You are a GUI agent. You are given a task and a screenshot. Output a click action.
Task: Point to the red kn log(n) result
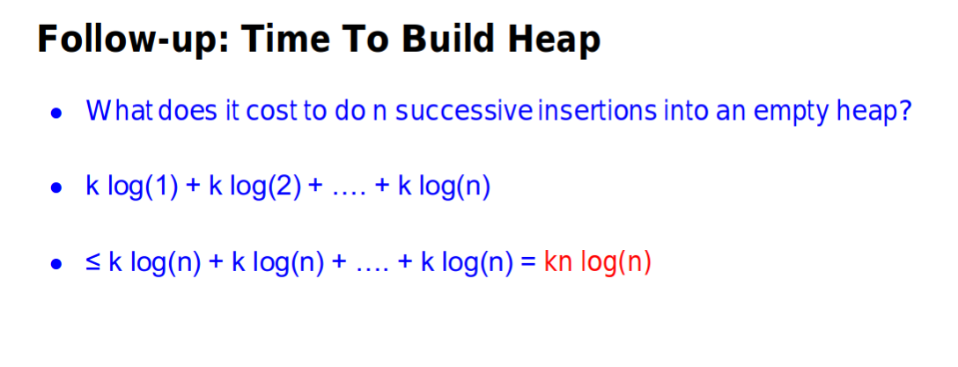click(598, 264)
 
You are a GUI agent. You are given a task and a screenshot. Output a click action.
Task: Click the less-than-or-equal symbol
click(94, 264)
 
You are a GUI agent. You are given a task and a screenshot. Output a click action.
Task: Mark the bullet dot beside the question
click(57, 114)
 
